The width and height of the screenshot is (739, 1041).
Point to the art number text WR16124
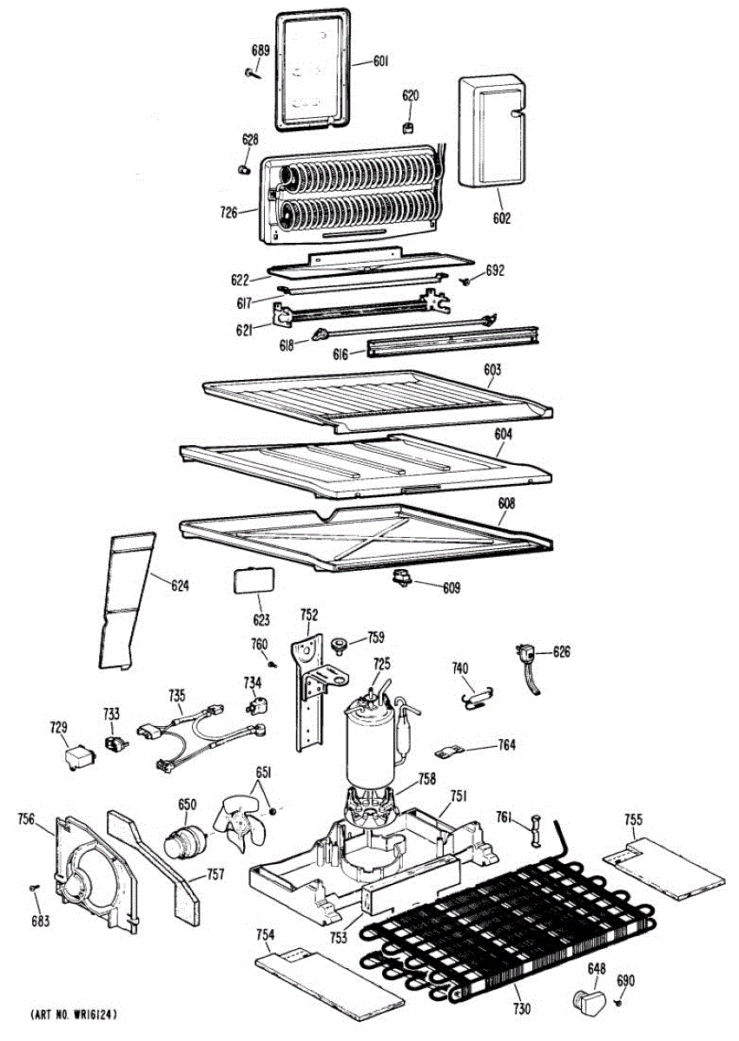click(76, 1014)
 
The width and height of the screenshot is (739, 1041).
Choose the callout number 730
click(521, 1010)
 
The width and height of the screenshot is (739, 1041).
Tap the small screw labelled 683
click(34, 887)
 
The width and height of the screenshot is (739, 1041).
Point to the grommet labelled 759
click(339, 644)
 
